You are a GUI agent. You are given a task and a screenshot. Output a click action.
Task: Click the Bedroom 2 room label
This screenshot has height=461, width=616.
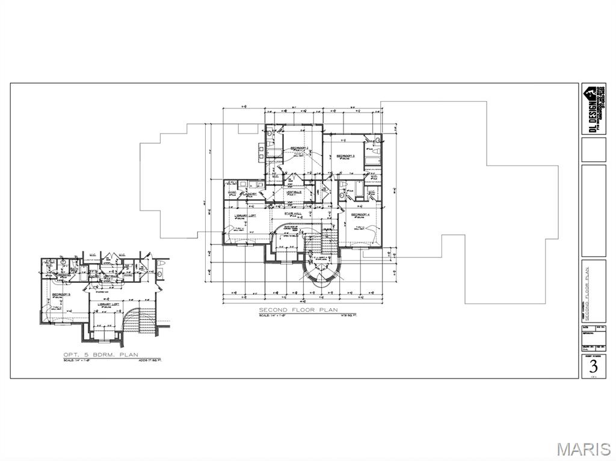click(299, 148)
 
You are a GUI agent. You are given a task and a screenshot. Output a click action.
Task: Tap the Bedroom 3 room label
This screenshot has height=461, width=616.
click(345, 156)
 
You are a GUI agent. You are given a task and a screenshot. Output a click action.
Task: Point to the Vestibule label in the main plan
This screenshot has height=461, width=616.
click(294, 192)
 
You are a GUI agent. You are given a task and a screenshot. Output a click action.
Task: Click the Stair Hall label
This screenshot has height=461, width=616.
click(294, 214)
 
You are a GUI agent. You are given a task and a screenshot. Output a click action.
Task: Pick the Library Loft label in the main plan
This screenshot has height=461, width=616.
click(245, 215)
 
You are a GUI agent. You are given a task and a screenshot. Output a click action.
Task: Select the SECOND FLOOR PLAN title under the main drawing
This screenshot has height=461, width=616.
click(291, 310)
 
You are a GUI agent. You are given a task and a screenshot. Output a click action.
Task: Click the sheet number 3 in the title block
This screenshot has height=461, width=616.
click(594, 366)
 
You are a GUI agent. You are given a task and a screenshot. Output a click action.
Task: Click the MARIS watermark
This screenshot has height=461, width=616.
click(583, 449)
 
